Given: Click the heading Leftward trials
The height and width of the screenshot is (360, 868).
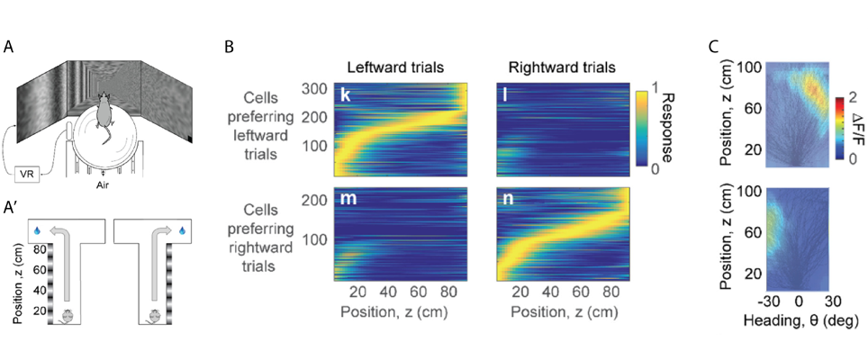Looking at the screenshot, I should pyautogui.click(x=400, y=67).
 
